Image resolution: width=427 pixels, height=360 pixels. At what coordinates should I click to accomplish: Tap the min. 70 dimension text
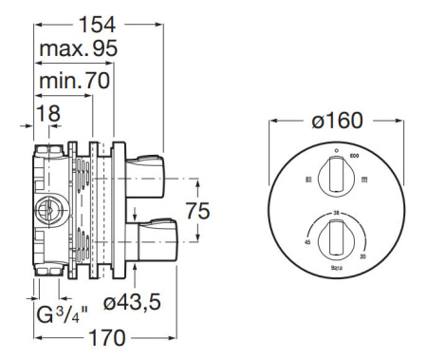(x=73, y=82)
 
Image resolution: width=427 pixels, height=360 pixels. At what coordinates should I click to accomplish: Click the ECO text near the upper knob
(x=356, y=153)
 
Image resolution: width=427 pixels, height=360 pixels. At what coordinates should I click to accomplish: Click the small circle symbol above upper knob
(x=336, y=150)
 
